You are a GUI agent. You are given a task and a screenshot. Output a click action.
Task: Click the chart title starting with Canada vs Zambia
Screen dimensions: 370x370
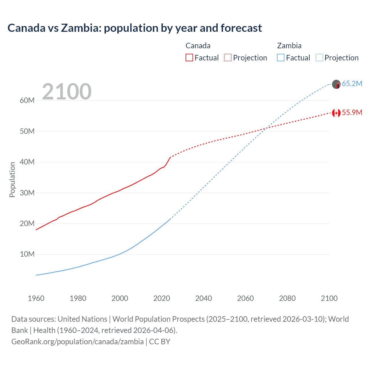click(135, 28)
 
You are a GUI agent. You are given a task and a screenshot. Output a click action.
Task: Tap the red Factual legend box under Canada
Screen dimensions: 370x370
click(189, 58)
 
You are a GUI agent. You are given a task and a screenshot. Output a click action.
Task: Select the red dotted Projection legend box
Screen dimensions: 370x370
click(228, 58)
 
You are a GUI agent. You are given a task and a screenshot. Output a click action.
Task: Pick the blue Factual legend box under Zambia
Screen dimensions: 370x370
click(281, 58)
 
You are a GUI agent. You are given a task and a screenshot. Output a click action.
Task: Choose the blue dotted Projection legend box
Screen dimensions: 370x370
click(319, 58)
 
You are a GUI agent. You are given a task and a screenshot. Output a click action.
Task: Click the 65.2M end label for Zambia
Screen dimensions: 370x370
click(352, 84)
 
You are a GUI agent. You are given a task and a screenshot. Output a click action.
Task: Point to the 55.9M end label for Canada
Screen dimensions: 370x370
click(352, 113)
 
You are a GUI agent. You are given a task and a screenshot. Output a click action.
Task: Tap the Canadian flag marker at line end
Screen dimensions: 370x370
click(336, 113)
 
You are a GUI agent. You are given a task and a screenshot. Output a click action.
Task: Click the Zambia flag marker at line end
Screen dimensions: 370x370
click(336, 84)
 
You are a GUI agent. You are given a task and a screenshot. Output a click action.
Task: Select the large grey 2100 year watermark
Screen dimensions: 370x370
click(67, 92)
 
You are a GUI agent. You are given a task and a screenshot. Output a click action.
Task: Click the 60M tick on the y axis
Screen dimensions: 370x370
click(27, 101)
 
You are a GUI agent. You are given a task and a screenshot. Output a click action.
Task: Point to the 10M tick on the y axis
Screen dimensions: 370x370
click(27, 254)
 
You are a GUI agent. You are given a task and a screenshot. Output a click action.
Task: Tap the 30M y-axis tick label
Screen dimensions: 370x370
click(27, 193)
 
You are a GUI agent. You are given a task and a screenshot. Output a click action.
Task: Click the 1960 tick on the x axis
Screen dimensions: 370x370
click(36, 298)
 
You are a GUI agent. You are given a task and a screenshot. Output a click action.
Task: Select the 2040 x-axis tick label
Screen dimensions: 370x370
click(203, 298)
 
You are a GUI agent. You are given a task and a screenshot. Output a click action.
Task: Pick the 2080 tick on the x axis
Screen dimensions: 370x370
click(287, 298)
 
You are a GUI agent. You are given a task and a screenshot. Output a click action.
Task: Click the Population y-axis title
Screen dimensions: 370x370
click(12, 180)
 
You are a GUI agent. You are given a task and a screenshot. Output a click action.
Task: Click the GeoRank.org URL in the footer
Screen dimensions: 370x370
click(77, 342)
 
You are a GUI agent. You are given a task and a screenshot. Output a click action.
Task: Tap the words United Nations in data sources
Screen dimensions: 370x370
click(82, 319)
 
